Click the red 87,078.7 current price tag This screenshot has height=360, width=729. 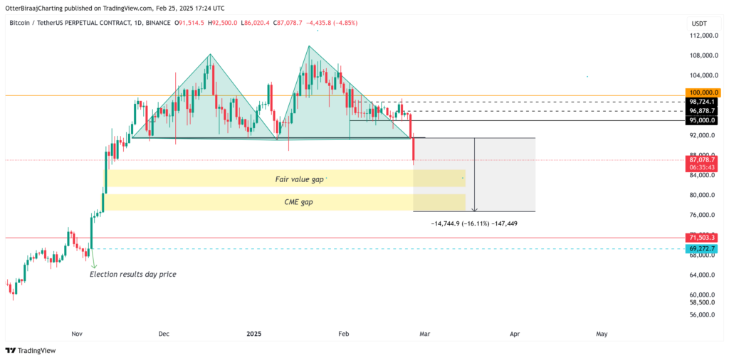[702, 160]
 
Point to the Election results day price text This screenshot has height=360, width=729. [132, 274]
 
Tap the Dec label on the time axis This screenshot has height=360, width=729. [164, 333]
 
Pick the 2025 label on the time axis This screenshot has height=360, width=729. [255, 333]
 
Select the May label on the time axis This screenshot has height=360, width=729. [602, 333]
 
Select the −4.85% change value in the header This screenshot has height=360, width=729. [342, 23]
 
